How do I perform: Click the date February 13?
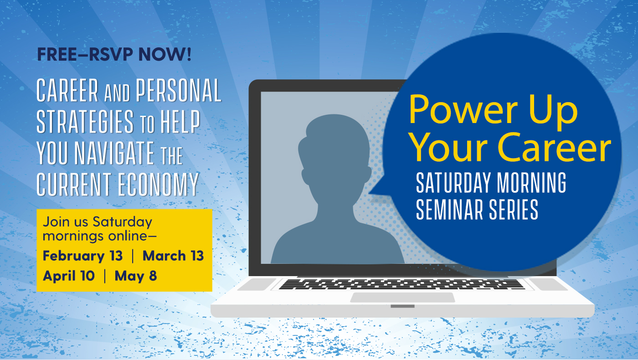tap(82, 256)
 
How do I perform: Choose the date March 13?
tap(173, 256)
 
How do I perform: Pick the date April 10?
tap(69, 276)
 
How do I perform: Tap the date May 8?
tap(136, 276)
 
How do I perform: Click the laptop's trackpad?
tap(402, 297)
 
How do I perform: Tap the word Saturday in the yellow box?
tap(122, 222)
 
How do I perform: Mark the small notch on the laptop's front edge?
tap(402, 306)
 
